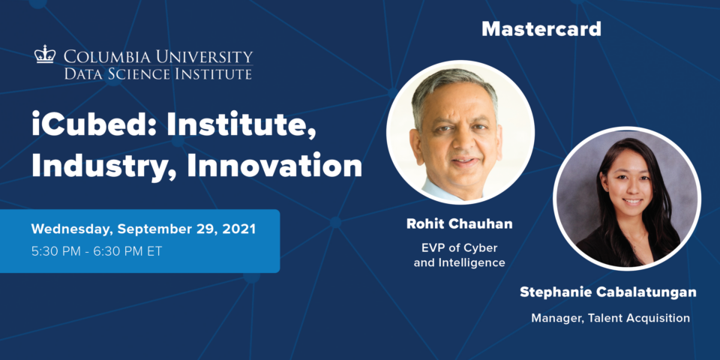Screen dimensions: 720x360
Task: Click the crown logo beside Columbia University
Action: [x=45, y=54]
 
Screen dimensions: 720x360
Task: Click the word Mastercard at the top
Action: [x=541, y=29]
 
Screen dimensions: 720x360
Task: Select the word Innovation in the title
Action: [x=274, y=166]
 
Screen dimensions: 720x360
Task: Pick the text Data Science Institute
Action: [x=158, y=73]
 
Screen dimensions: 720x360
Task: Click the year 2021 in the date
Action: [x=239, y=229]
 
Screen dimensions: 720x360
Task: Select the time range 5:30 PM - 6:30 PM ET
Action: [x=97, y=252]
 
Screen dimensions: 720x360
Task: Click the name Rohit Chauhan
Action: [x=459, y=224]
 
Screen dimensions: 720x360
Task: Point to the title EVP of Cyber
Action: [x=459, y=248]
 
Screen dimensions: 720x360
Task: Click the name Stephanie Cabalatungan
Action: [x=608, y=292]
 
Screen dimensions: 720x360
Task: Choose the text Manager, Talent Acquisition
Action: [x=610, y=318]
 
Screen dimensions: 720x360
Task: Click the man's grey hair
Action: [x=451, y=89]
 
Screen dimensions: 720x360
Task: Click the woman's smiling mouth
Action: [x=633, y=201]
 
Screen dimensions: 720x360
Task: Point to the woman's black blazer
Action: [x=610, y=250]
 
